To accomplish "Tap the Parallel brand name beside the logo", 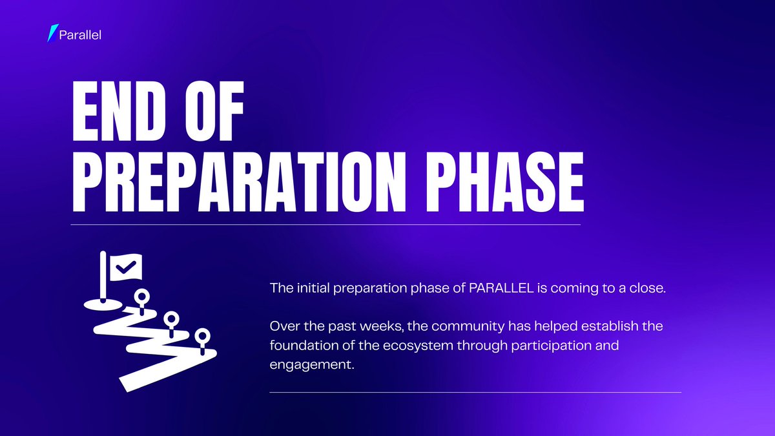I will point(80,34).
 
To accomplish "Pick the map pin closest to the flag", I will point(141,297).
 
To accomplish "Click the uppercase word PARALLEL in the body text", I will point(501,288).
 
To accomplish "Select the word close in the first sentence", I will point(646,288).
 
